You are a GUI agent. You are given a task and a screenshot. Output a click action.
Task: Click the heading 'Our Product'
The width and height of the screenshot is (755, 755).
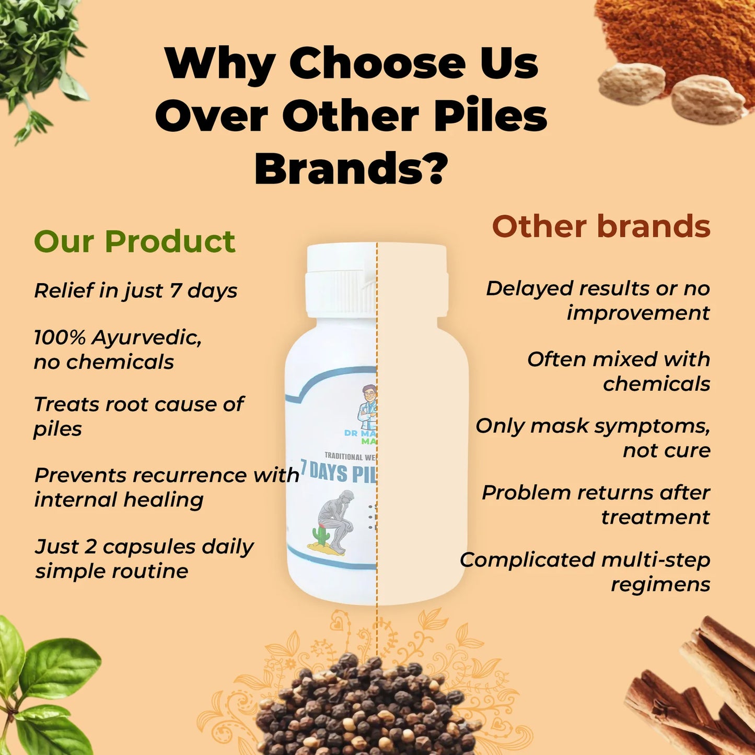134,241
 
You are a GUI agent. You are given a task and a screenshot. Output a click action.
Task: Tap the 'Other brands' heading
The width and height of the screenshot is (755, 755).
601,227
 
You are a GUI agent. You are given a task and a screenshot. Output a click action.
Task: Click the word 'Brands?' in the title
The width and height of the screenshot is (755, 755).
351,169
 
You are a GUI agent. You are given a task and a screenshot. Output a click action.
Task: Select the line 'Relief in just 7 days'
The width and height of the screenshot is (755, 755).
136,291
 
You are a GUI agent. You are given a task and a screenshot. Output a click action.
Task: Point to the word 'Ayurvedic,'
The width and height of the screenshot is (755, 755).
147,338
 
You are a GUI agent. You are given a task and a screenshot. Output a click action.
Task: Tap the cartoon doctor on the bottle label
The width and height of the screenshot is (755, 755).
368,408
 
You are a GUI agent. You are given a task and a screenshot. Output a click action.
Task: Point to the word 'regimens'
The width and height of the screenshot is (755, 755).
660,584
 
